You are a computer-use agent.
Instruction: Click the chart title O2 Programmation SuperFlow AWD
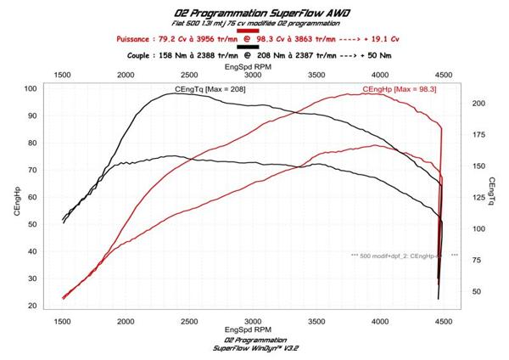[x=254, y=14]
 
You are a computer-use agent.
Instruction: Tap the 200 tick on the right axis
[x=478, y=104]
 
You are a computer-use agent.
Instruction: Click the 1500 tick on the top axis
[x=64, y=75]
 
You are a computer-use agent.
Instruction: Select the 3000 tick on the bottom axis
[x=253, y=321]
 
